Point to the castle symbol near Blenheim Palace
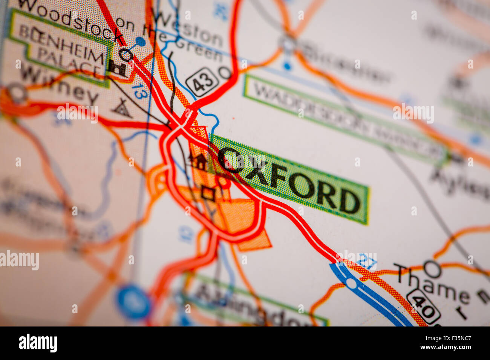coord(117,68)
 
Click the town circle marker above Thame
coord(432,269)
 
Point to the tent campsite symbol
coord(122,108)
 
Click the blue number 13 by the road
coord(139,91)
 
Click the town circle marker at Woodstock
coord(126,55)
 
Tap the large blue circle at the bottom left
coord(133,302)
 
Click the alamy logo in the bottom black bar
coord(38,343)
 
